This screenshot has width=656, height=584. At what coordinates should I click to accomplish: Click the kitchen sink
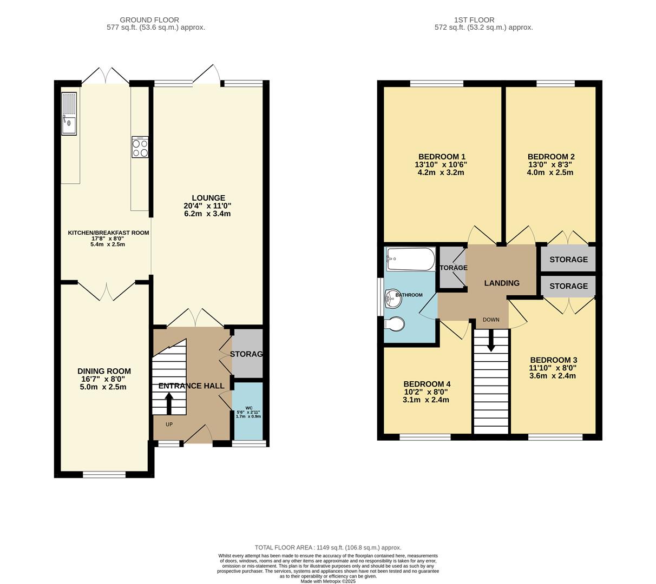[x=69, y=114]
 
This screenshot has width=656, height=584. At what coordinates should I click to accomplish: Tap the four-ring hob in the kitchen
[x=140, y=147]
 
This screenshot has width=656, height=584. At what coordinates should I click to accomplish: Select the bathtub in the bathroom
[x=411, y=259]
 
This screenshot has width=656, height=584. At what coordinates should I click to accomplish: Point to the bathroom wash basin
[x=392, y=298]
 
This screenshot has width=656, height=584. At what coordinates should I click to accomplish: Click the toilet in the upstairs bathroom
[x=393, y=323]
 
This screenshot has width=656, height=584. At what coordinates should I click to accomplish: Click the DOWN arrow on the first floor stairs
[x=491, y=341]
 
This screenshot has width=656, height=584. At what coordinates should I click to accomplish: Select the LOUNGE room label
[x=208, y=198]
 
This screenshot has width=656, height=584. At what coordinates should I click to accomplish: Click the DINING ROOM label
[x=104, y=371]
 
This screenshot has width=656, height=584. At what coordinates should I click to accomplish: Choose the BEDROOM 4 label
[x=427, y=384]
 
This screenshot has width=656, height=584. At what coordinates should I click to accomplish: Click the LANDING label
[x=502, y=283]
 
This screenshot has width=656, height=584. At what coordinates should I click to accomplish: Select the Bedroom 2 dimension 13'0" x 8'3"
[x=550, y=164]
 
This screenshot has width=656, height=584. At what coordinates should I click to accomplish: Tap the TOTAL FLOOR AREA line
[x=328, y=547]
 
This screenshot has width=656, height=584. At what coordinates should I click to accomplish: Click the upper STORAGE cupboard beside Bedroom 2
[x=568, y=260]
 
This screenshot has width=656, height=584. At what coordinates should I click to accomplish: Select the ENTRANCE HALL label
[x=191, y=386]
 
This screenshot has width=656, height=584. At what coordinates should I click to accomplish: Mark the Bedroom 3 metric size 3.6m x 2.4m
[x=553, y=376]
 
